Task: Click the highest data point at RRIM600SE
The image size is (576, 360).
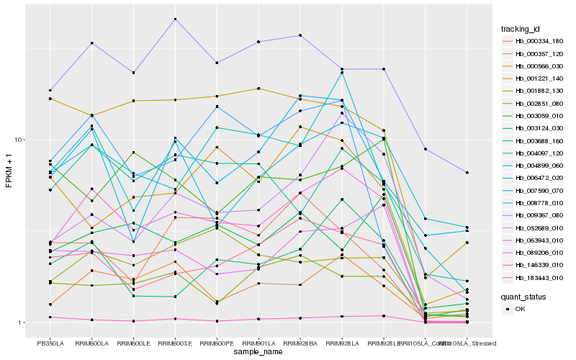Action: (x=175, y=19)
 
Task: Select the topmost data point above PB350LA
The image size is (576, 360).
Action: (x=50, y=91)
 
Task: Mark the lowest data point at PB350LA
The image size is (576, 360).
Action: (x=50, y=317)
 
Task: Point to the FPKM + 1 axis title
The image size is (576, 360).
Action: (x=9, y=171)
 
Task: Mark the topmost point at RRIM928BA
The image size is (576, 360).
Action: (x=300, y=35)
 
